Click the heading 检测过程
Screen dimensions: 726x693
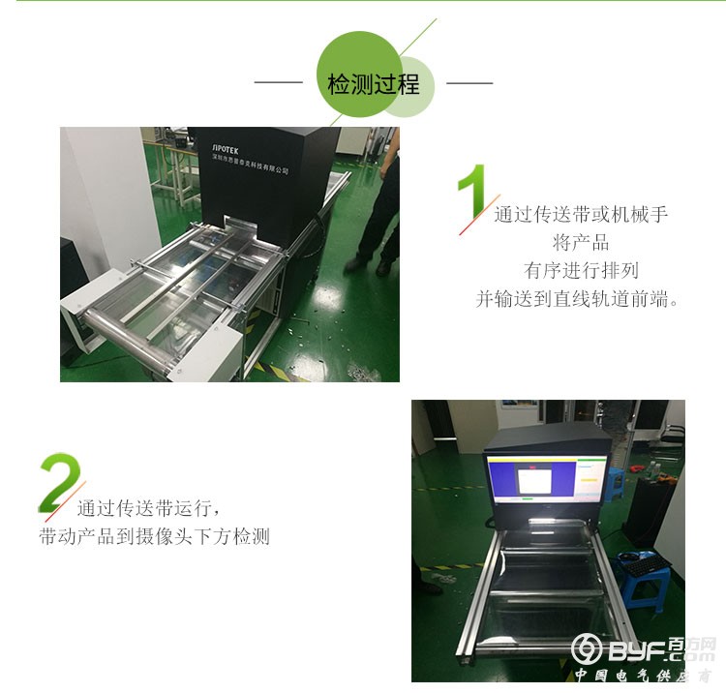pos(374,84)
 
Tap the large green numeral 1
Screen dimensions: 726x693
pos(472,192)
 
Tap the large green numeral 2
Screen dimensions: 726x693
pos(59,482)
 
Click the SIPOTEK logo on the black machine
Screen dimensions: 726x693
pos(226,149)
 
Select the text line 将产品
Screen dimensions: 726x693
pos(581,242)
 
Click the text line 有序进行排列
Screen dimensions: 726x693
pos(582,270)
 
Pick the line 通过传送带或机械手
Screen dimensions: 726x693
pos(581,214)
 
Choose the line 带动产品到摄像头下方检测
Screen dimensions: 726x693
pos(154,536)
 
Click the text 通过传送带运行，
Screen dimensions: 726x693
pos(148,508)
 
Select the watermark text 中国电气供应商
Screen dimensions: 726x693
pos(643,676)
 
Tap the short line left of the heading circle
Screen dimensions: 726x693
pos(278,83)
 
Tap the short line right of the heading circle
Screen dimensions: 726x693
pos(469,83)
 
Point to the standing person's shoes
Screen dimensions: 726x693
pos(371,265)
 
